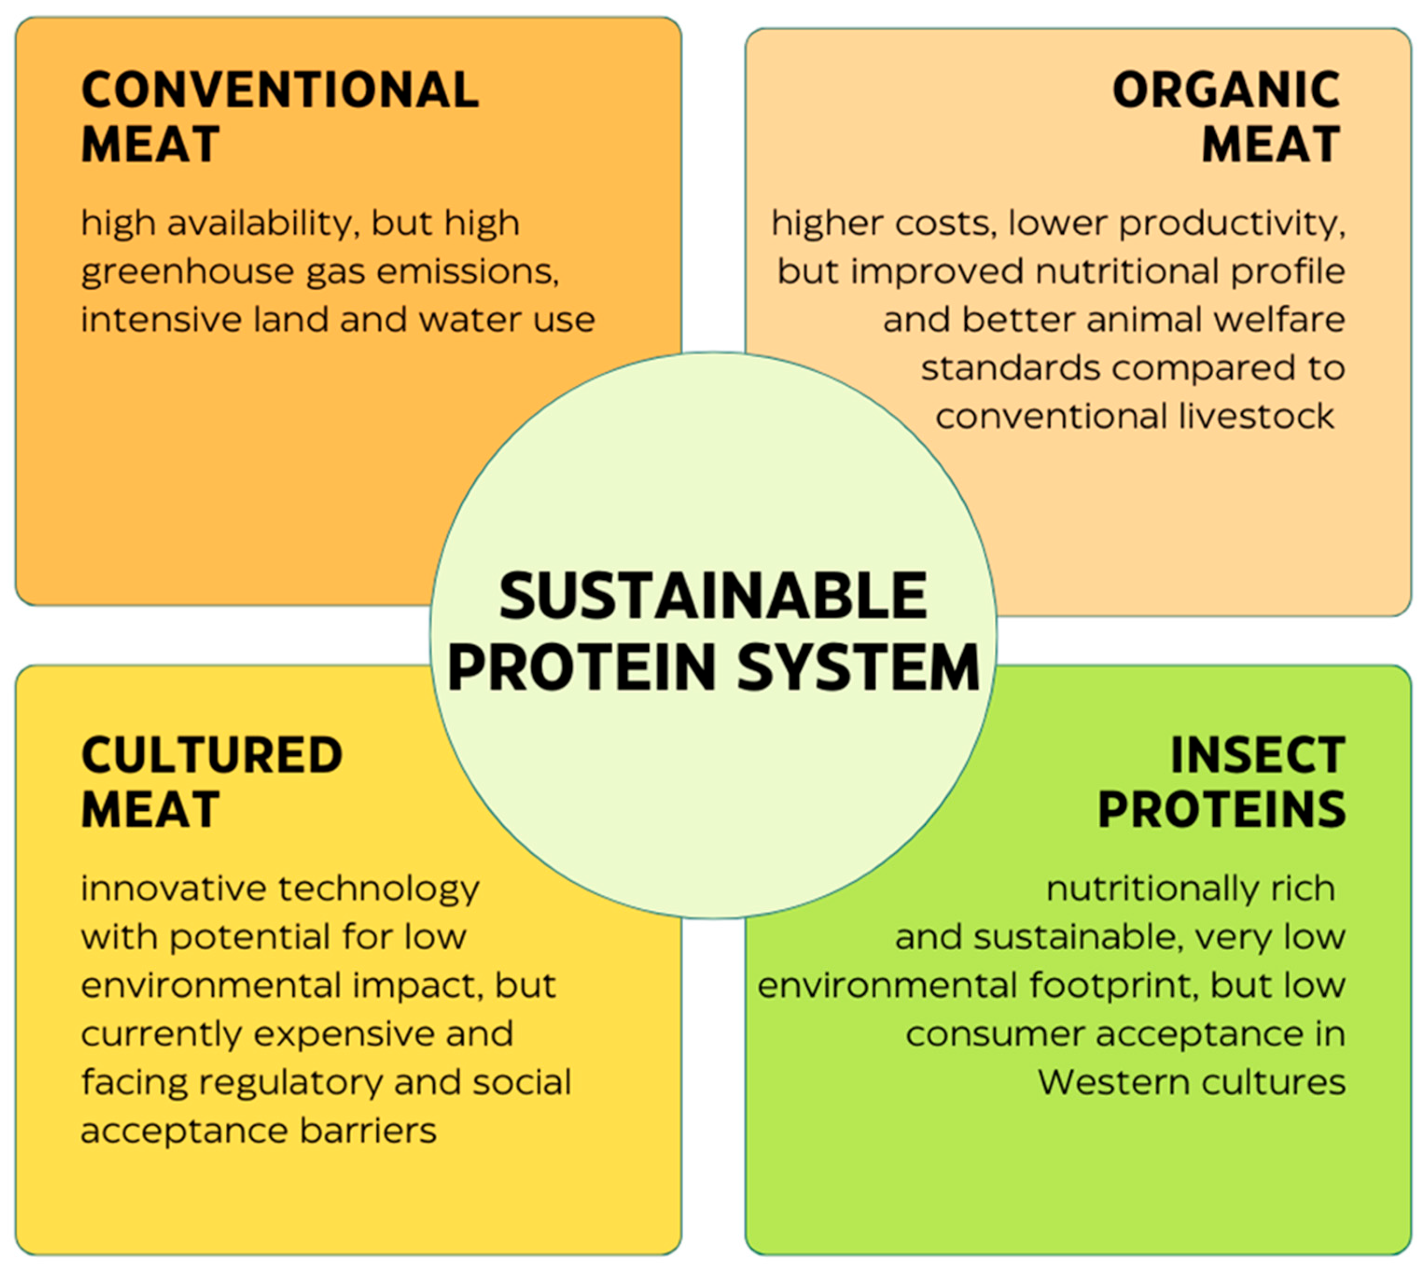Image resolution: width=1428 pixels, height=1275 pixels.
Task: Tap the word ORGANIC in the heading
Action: [1226, 91]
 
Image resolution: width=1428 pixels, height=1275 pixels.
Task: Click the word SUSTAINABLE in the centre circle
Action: [713, 596]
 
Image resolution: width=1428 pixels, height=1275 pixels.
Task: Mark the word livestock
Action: [1257, 416]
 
